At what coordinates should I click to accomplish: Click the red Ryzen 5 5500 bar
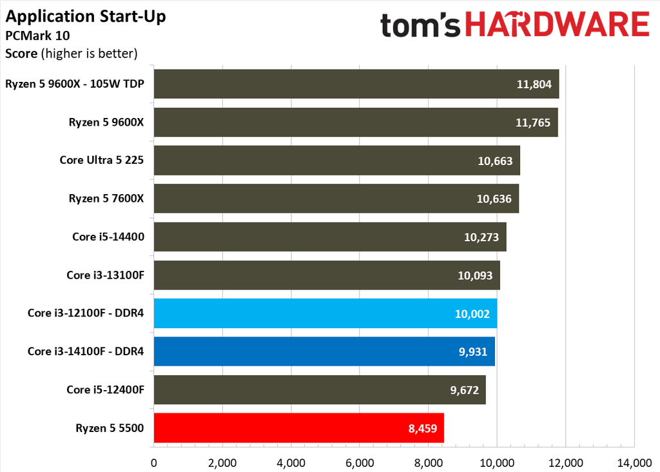[299, 428]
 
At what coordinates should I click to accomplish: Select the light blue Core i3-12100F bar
[325, 313]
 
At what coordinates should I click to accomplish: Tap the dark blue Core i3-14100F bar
[324, 351]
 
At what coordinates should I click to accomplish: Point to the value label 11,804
[534, 84]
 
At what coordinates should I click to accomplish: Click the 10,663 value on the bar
[495, 161]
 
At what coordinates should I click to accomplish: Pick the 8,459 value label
[423, 429]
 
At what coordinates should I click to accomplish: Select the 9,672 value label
[464, 390]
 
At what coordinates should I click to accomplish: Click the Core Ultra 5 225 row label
[101, 160]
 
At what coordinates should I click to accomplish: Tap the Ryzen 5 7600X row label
[106, 199]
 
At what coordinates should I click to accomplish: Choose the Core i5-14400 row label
[108, 237]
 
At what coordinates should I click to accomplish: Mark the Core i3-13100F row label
[105, 275]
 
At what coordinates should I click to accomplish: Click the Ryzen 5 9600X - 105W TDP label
[75, 84]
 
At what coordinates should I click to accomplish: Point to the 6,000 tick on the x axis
[360, 463]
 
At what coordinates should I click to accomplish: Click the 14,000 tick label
[634, 463]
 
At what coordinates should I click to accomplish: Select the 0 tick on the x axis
[153, 463]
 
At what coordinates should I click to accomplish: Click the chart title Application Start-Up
[86, 16]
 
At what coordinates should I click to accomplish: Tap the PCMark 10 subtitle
[37, 35]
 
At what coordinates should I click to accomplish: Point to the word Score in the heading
[21, 54]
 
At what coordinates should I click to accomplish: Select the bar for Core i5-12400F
[320, 389]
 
